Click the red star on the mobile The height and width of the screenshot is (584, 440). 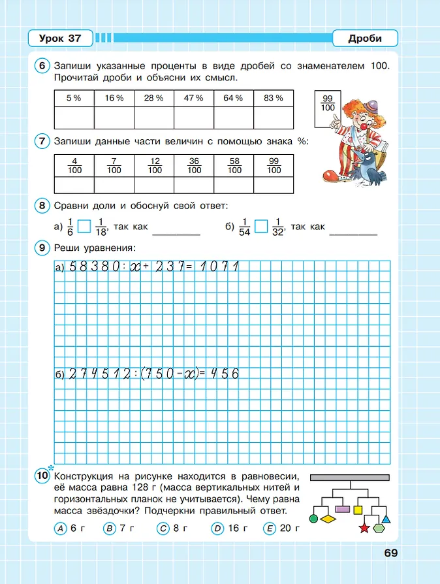(x=364, y=527)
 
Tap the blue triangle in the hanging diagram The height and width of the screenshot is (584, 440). (x=386, y=519)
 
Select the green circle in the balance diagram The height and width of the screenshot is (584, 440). (x=313, y=519)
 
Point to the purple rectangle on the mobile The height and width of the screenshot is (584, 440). (x=343, y=508)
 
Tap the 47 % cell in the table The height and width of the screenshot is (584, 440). (x=194, y=98)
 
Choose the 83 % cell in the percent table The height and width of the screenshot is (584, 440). (x=274, y=98)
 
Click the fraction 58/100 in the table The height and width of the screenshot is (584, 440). (x=234, y=166)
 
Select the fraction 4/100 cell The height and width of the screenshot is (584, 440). (x=74, y=166)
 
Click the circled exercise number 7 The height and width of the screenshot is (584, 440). (x=42, y=141)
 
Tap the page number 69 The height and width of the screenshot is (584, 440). (x=390, y=553)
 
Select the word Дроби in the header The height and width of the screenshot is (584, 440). (x=365, y=39)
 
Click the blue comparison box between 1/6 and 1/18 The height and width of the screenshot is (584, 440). (x=84, y=227)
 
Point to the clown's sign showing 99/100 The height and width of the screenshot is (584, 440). (x=328, y=103)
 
